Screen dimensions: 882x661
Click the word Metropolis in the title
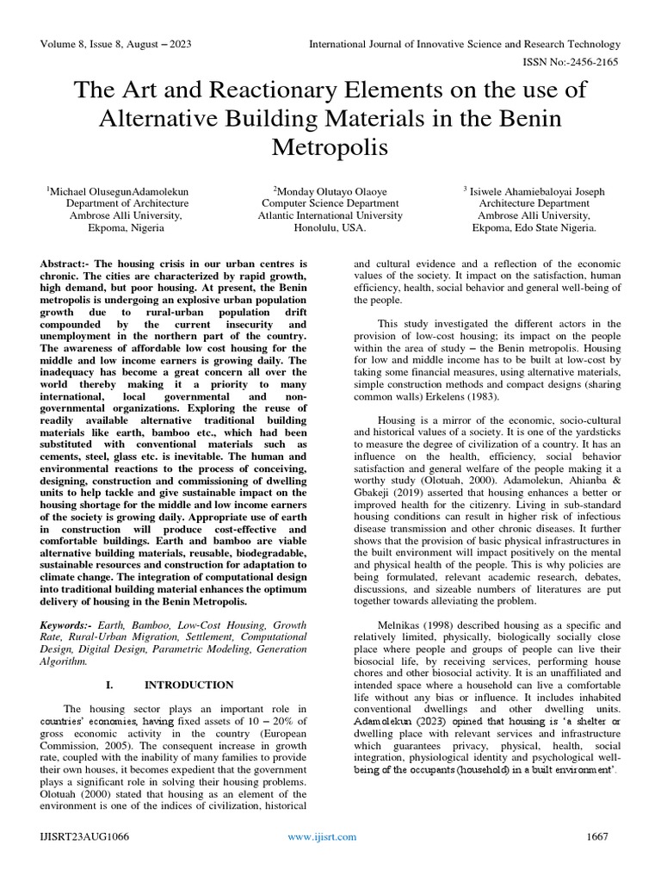point(330,147)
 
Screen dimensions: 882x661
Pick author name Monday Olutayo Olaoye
point(331,190)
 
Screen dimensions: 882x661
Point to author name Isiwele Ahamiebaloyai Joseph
point(534,190)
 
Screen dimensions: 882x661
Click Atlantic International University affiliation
point(330,216)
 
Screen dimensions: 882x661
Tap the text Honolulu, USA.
point(330,229)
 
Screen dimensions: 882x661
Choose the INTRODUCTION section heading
point(188,685)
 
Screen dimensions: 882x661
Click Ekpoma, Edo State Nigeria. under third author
point(534,229)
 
